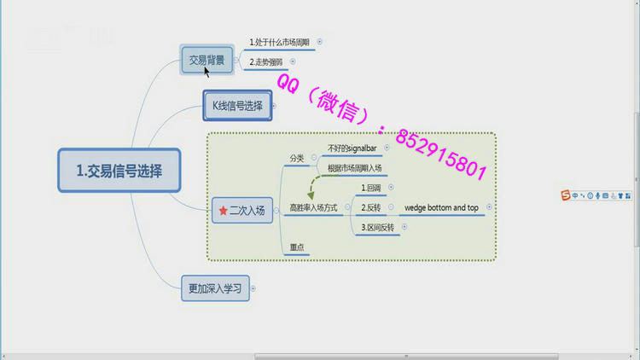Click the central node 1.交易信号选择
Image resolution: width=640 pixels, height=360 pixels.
119,171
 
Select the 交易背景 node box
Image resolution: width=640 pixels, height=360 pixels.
207,60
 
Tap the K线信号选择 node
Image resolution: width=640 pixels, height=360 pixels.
237,106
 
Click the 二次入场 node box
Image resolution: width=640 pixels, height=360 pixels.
241,211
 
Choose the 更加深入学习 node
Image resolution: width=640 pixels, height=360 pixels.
214,288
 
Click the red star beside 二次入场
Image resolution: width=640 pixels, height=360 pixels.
223,211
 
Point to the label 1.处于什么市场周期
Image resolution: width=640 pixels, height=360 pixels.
280,42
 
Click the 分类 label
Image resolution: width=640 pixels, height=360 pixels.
297,158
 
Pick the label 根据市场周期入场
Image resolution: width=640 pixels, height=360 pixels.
354,168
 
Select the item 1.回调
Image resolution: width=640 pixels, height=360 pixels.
370,188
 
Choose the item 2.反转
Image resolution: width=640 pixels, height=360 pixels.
370,208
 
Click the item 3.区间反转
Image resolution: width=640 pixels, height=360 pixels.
376,228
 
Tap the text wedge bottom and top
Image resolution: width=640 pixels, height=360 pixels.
441,208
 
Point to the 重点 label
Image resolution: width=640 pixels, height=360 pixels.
297,247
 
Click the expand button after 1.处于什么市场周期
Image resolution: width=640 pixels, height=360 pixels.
320,41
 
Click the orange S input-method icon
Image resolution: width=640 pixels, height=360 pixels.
565,196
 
